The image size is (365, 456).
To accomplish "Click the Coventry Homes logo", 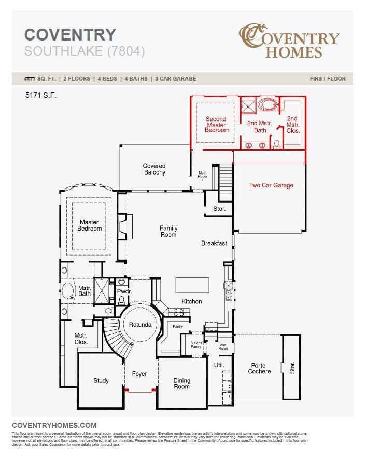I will click(289, 41).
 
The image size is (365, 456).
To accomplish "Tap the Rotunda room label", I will click(141, 325).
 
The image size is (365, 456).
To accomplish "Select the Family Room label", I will click(168, 231).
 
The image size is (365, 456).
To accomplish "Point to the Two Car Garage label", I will click(271, 185).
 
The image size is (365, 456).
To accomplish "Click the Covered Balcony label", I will click(155, 169).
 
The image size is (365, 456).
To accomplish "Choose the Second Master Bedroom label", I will click(216, 125).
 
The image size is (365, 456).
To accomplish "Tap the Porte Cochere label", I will click(259, 368).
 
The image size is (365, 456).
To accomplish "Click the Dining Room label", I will click(181, 384).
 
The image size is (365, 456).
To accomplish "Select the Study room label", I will click(101, 381).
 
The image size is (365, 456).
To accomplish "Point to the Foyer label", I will click(139, 374).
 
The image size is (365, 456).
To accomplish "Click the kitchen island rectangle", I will click(192, 285).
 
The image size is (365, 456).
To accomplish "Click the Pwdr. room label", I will click(122, 291).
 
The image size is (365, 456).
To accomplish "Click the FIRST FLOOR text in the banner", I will click(328, 79).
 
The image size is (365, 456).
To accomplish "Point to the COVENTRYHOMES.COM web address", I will click(54, 425).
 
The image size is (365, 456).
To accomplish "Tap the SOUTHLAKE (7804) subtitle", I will click(85, 51).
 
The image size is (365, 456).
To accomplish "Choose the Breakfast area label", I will click(214, 243).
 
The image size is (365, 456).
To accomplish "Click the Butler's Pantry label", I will click(195, 345).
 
